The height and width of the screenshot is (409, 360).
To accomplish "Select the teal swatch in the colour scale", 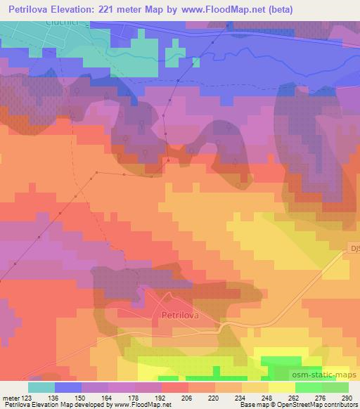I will point(41,387).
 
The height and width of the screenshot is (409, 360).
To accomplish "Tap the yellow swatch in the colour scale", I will point(281,387).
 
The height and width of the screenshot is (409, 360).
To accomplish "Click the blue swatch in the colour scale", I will point(68,387).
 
